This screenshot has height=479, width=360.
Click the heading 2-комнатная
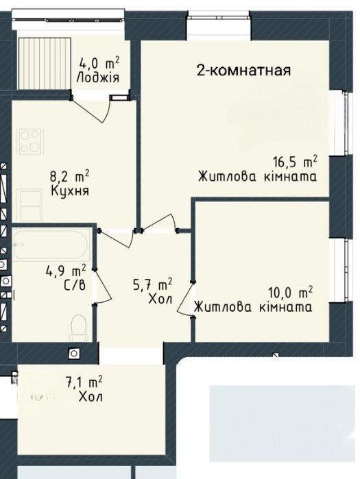(x=243, y=71)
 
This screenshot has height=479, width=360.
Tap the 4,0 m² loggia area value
(x=99, y=64)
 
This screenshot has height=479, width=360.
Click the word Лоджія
(x=98, y=78)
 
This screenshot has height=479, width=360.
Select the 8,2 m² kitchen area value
(x=70, y=177)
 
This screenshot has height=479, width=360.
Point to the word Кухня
(x=70, y=191)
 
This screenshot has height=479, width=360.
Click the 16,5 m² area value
(x=295, y=162)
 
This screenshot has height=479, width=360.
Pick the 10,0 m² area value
(x=290, y=293)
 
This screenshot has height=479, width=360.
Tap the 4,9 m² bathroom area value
(x=65, y=271)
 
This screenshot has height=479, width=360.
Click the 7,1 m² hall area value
(x=84, y=382)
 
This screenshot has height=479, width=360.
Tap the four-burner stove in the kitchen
(x=30, y=141)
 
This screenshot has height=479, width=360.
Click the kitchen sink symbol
(x=30, y=205)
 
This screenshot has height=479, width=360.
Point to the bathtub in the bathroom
(x=51, y=245)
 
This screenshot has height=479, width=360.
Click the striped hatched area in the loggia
(x=45, y=64)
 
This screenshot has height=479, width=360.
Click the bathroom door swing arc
(x=104, y=287)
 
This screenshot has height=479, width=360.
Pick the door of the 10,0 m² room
(x=185, y=299)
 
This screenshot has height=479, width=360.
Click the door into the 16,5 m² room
(x=160, y=223)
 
